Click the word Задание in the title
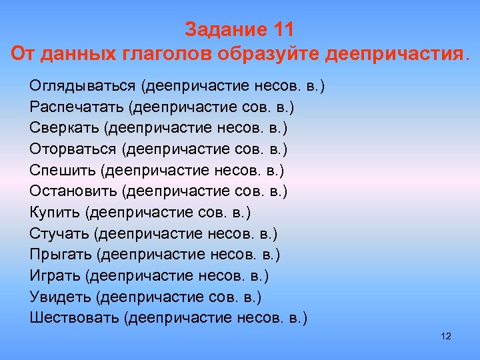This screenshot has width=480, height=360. click(x=224, y=31)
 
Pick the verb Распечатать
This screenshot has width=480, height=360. click(x=76, y=107)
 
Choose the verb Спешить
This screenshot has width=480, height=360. click(x=63, y=170)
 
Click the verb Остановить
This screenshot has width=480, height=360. click(x=73, y=191)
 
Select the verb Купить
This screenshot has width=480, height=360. click(x=55, y=212)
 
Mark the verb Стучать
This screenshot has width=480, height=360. click(x=59, y=233)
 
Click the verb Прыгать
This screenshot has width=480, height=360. click(x=61, y=254)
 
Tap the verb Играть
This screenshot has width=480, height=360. click(x=55, y=275)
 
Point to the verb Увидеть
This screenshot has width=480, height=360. click(x=61, y=296)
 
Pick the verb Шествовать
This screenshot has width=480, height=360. click(x=74, y=317)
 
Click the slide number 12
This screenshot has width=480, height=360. click(x=447, y=336)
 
